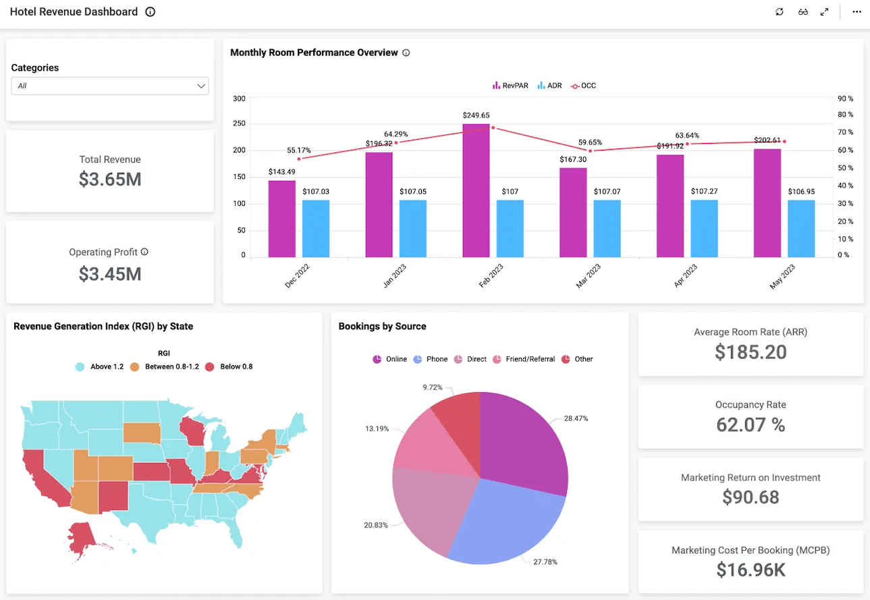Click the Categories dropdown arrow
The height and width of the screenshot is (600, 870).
[201, 86]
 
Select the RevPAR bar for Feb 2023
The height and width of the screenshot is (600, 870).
[476, 190]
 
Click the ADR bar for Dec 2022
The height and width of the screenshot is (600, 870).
[316, 228]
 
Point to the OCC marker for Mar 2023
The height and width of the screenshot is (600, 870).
[590, 151]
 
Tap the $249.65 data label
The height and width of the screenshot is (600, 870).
[476, 115]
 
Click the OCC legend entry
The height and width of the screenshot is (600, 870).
[583, 86]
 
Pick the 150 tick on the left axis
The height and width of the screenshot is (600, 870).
[239, 177]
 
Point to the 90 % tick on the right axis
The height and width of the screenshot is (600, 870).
[845, 99]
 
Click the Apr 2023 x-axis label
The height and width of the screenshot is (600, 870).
[686, 275]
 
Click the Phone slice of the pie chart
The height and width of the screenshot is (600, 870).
[505, 524]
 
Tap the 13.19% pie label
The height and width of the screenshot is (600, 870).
[377, 429]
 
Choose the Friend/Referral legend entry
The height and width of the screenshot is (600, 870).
[524, 359]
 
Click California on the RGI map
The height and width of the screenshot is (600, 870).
[43, 478]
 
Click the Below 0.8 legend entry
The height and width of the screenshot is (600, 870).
[229, 366]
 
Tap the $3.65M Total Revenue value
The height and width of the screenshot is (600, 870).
[110, 180]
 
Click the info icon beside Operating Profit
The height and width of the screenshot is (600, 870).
[144, 252]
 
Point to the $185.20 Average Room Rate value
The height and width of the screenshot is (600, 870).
[751, 352]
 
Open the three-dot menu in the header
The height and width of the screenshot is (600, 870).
[857, 11]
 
